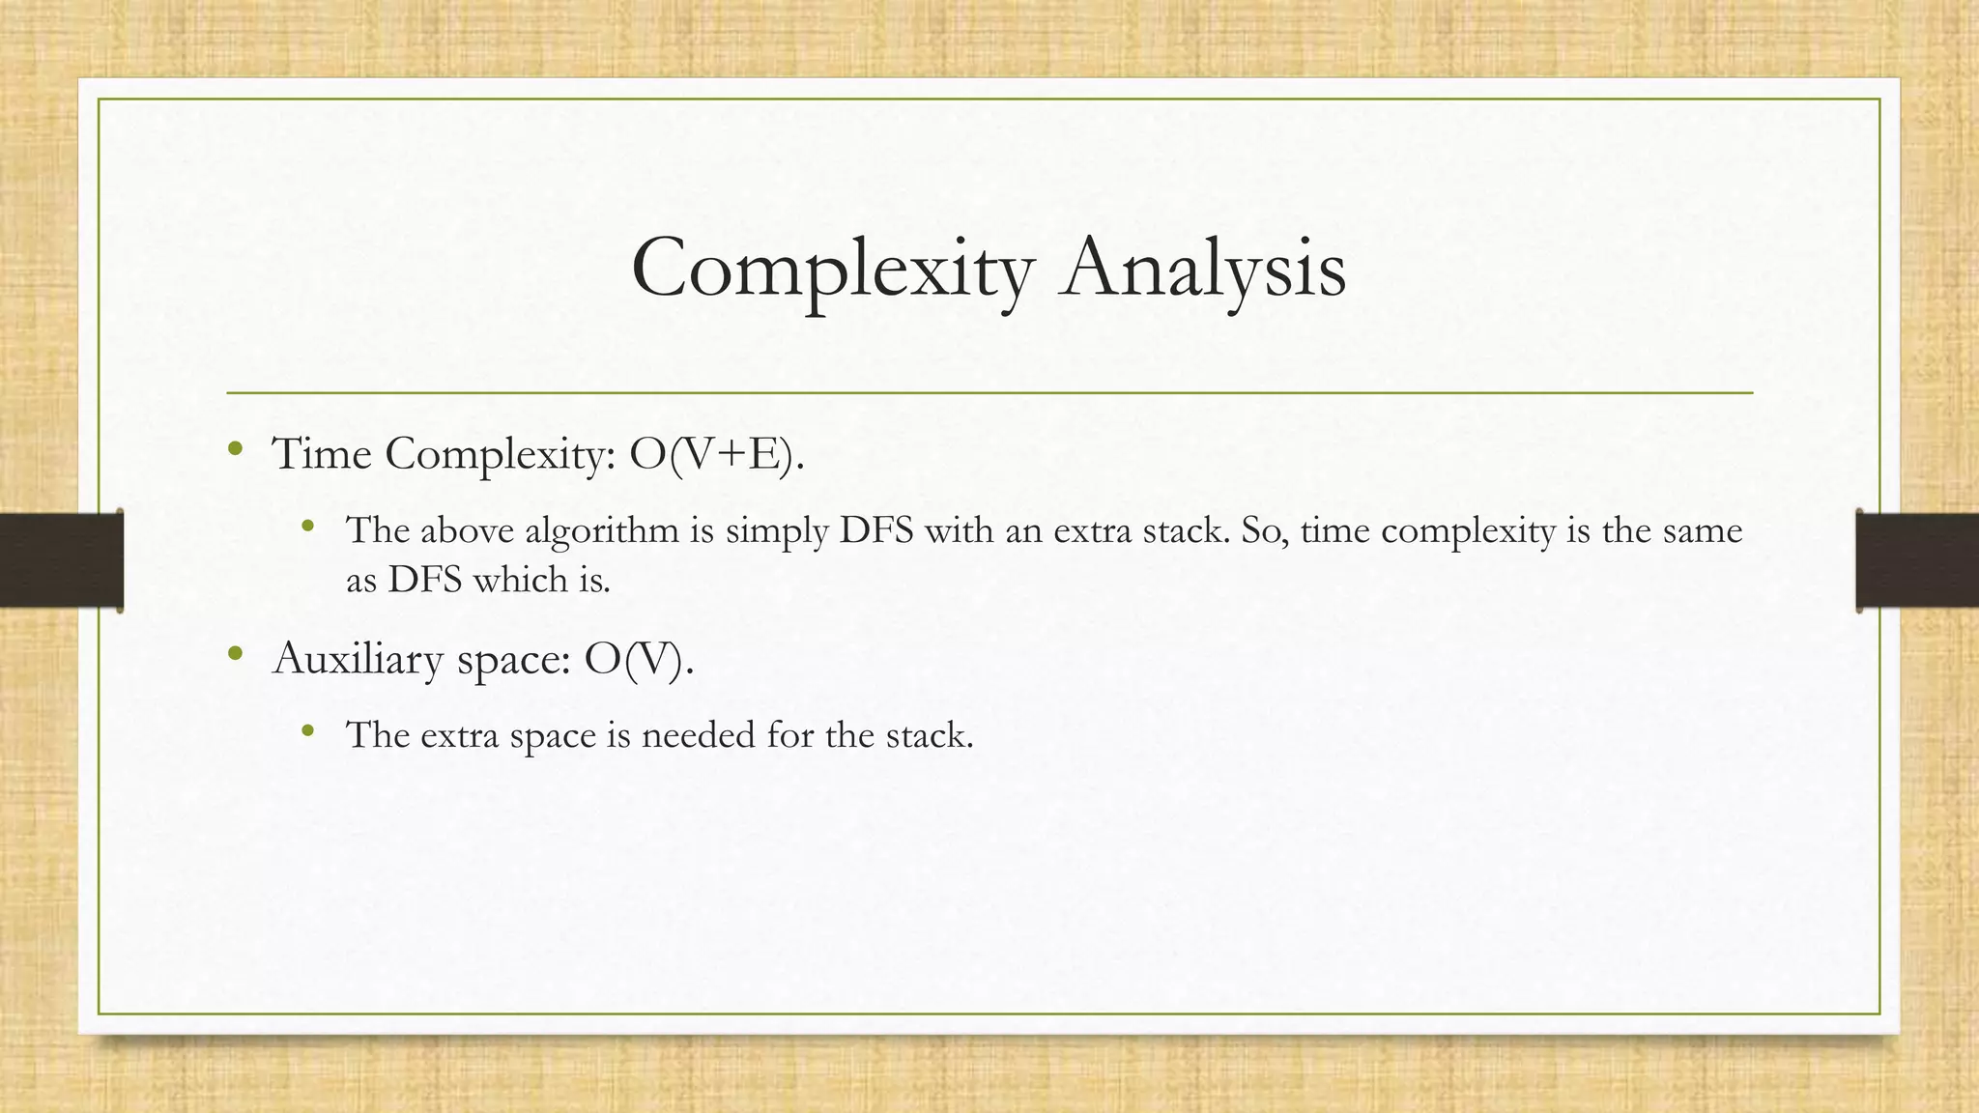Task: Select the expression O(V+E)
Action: [716, 454]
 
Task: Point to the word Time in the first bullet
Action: [322, 454]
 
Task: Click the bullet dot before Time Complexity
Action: [235, 448]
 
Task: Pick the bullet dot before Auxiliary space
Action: [235, 654]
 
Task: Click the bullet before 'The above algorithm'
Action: [308, 527]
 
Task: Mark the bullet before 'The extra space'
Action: [308, 730]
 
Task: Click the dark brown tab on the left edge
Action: [61, 560]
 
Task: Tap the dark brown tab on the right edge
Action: [1917, 560]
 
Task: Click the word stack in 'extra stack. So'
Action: [1187, 530]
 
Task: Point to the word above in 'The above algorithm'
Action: [467, 530]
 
